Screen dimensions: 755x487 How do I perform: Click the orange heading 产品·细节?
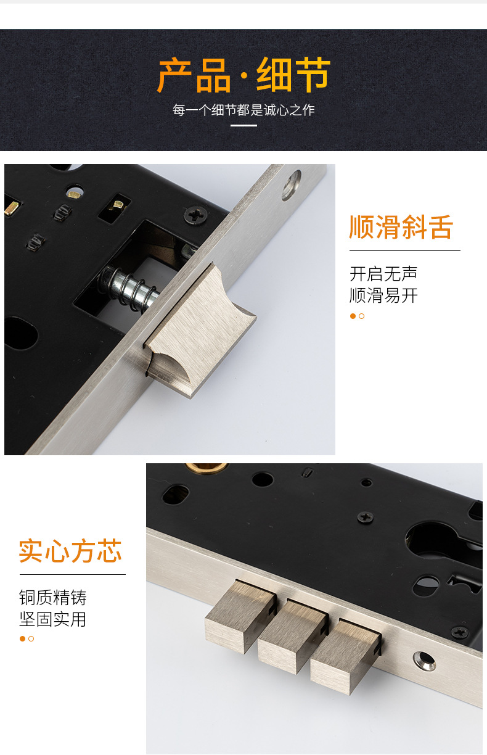243,75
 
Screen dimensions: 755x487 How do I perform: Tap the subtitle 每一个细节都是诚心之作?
243,110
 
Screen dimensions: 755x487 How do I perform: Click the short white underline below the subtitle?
243,125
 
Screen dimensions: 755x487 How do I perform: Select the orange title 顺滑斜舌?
401,227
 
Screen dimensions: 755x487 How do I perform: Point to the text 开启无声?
383,273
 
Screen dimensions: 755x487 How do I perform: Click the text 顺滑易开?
383,295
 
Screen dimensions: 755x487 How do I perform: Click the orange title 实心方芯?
70,551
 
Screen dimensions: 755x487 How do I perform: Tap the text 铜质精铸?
53,597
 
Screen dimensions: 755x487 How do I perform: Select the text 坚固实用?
53,619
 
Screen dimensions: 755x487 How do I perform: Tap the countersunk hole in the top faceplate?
291,184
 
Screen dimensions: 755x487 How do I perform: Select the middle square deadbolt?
290,635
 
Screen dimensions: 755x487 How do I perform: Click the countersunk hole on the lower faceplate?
424,661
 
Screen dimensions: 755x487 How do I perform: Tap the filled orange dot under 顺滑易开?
353,316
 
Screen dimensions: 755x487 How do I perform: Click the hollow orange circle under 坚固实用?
31,639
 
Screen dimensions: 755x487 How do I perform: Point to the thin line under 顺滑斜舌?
404,251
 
